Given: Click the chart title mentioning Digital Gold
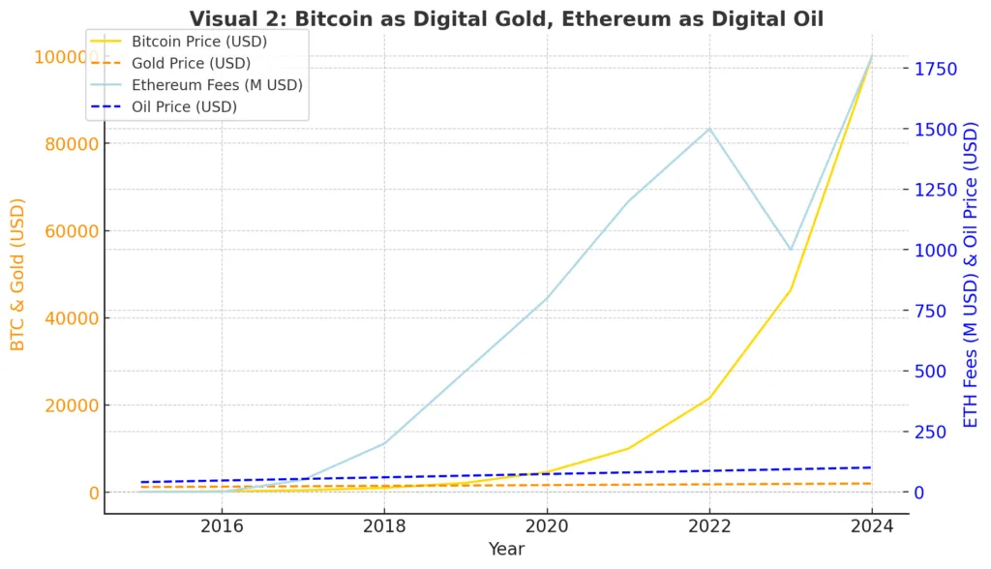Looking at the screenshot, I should (506, 18).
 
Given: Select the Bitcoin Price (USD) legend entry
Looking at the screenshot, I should (198, 42).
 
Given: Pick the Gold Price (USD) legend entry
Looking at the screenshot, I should (191, 63).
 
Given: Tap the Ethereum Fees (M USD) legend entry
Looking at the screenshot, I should (216, 85).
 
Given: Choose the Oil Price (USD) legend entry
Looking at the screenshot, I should (184, 106).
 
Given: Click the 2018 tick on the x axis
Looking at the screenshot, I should (384, 526).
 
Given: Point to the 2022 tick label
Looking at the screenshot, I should (709, 526).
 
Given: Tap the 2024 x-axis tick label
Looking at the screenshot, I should (871, 526).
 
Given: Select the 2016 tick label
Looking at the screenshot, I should (222, 526).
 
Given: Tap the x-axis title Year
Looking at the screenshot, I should (506, 550).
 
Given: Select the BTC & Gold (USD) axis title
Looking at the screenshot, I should (17, 275).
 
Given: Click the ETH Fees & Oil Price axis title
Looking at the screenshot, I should (973, 275).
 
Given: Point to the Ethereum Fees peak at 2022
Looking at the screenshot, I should (709, 129).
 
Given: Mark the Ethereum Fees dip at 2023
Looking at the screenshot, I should (791, 250).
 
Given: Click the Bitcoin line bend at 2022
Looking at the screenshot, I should (709, 398).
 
